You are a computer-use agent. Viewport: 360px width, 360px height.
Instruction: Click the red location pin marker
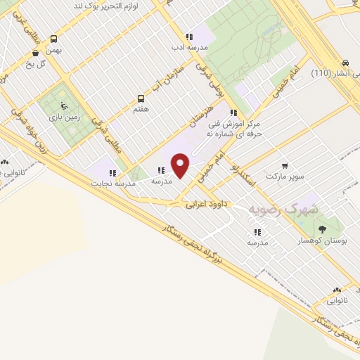point(181,165)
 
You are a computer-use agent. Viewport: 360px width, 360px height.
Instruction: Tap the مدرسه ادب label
point(188,48)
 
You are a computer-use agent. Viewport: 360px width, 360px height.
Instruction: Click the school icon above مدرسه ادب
point(188,37)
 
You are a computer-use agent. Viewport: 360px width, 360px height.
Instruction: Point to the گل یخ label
point(51,63)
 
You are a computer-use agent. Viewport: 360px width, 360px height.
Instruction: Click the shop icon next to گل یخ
point(35,53)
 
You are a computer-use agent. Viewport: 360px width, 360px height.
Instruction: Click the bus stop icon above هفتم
point(141,98)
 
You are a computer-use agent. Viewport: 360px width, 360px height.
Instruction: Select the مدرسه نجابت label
point(112,184)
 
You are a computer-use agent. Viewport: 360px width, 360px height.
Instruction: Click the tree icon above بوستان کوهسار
point(322,229)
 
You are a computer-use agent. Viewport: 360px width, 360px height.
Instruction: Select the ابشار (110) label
point(330,72)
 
